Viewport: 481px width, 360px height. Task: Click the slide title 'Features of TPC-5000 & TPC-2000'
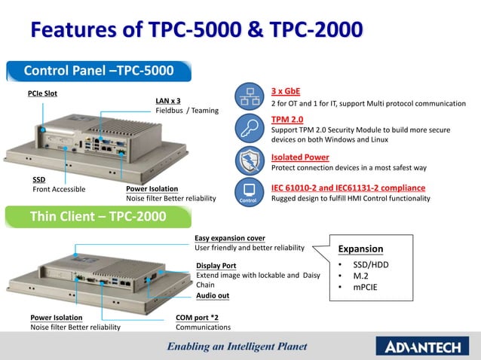point(196,29)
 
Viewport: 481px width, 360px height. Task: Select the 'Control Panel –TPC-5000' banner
point(99,71)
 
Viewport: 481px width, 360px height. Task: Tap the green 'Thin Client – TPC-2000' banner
point(98,217)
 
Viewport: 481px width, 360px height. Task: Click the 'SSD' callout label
point(39,180)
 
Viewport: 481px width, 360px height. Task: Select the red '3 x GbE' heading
point(286,90)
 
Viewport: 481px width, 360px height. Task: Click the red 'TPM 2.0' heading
point(287,119)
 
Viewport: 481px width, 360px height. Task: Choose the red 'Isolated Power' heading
point(300,157)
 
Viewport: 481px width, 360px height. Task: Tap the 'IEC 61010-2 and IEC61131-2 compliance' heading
point(348,188)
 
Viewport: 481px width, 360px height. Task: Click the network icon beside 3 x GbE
point(248,96)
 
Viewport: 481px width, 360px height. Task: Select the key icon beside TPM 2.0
point(248,127)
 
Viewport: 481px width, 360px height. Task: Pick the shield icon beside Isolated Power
point(248,160)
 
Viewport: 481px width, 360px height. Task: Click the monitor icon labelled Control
point(248,191)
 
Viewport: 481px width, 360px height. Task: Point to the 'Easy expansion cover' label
point(230,238)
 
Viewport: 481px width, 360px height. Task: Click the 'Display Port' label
point(216,266)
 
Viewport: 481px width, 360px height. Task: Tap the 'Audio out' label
point(213,296)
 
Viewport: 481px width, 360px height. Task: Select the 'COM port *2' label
point(198,318)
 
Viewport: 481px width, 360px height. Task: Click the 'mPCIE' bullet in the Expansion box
point(366,287)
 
